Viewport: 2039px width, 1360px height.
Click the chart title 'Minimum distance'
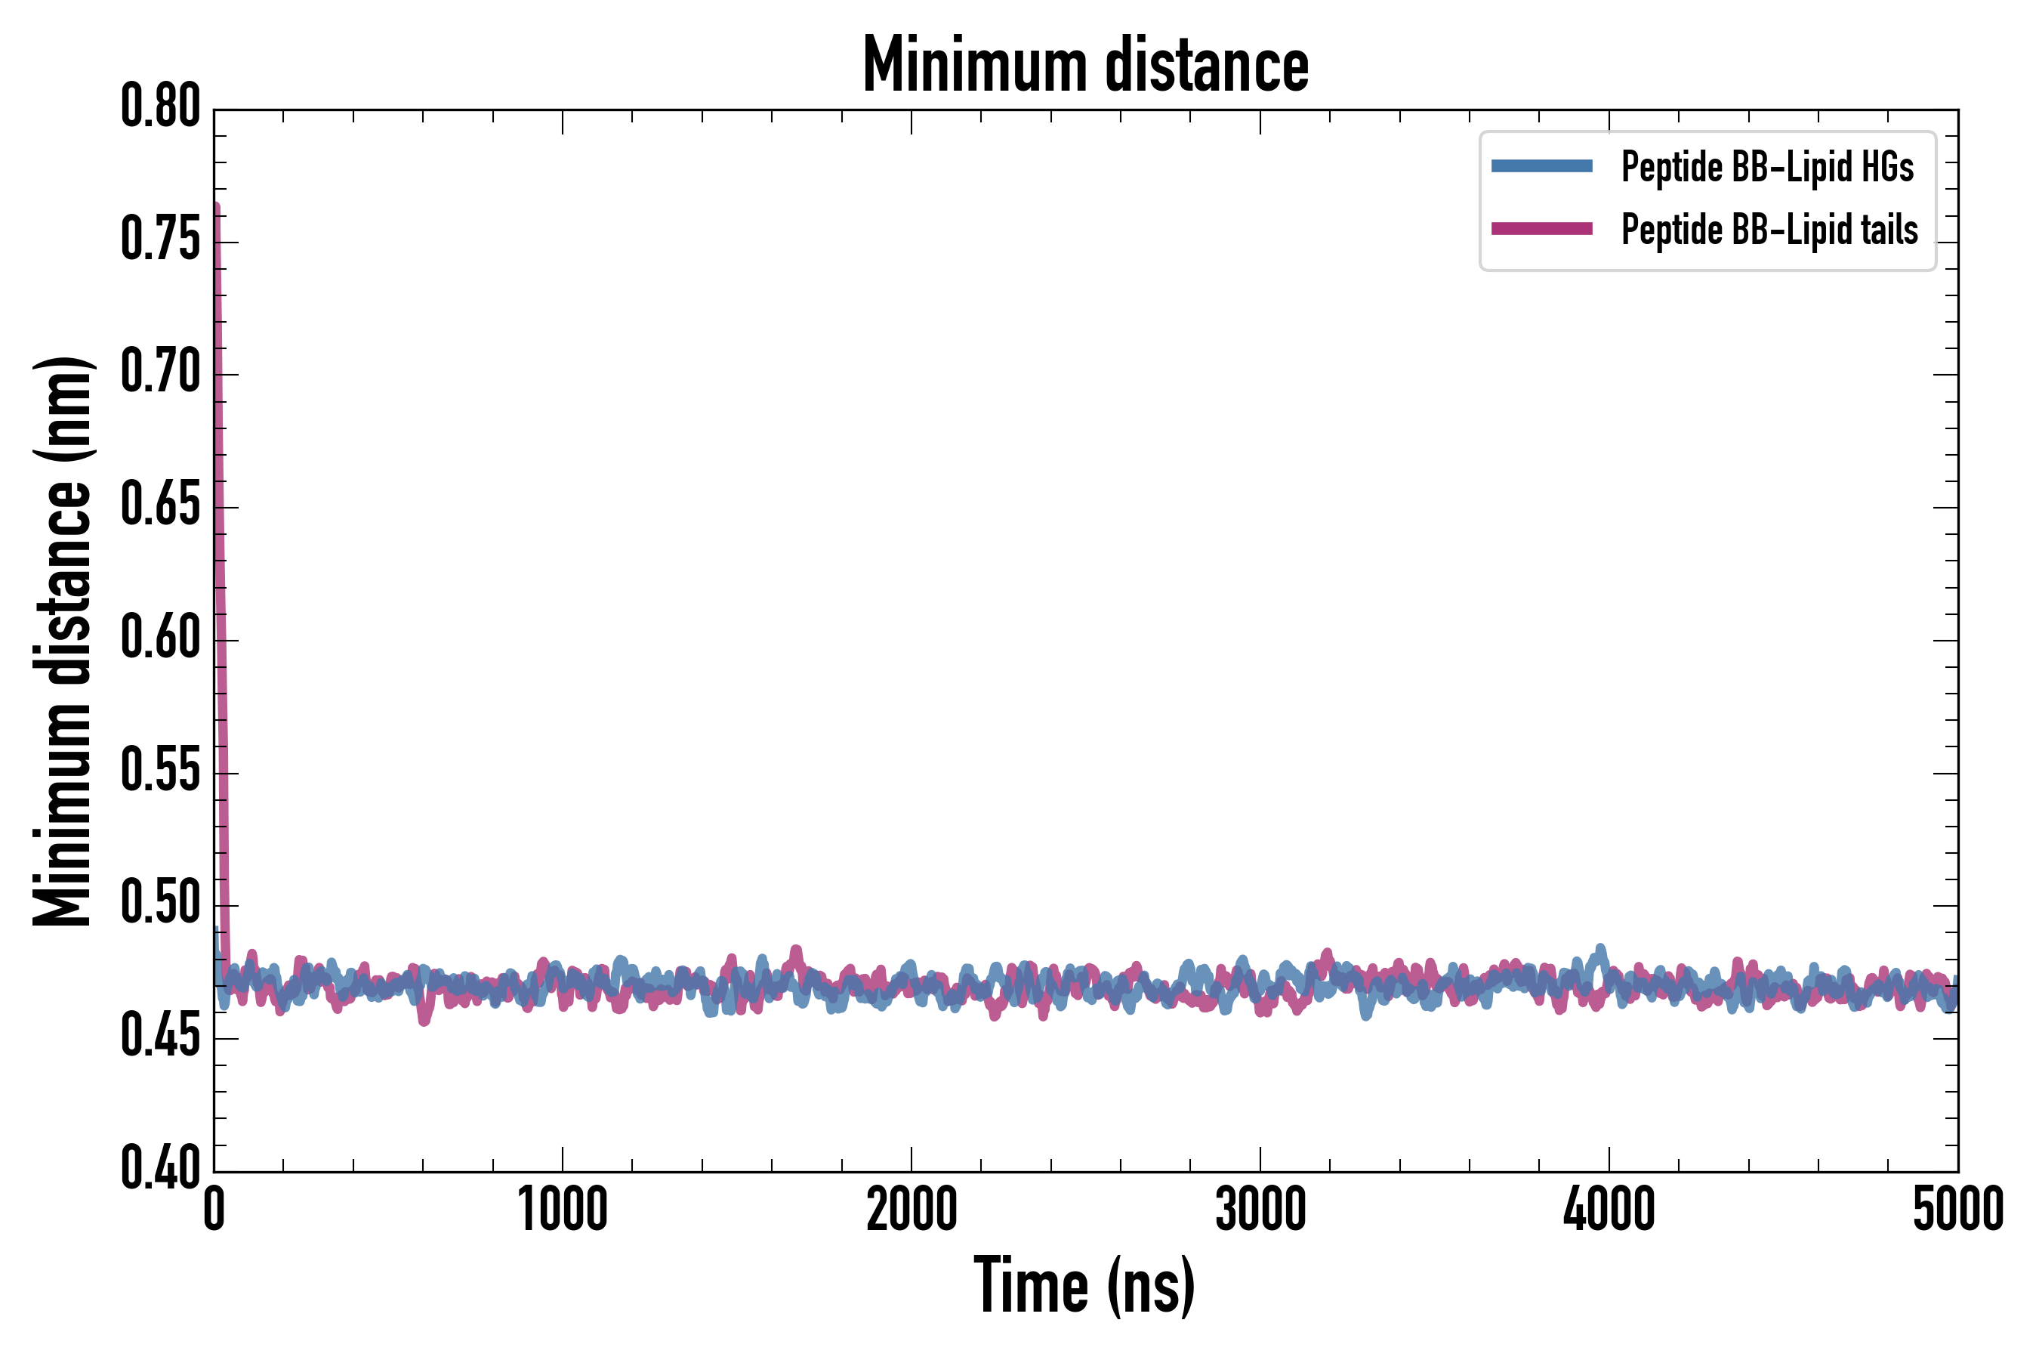click(1085, 65)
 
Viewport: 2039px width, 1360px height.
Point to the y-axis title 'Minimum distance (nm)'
click(63, 641)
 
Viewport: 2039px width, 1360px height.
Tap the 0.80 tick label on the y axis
click(160, 107)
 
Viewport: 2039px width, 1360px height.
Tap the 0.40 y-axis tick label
click(160, 1168)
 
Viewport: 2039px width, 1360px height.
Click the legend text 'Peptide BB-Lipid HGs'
click(1767, 166)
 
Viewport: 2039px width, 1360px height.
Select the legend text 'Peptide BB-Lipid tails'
click(1769, 230)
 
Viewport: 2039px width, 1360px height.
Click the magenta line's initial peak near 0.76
click(216, 206)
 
